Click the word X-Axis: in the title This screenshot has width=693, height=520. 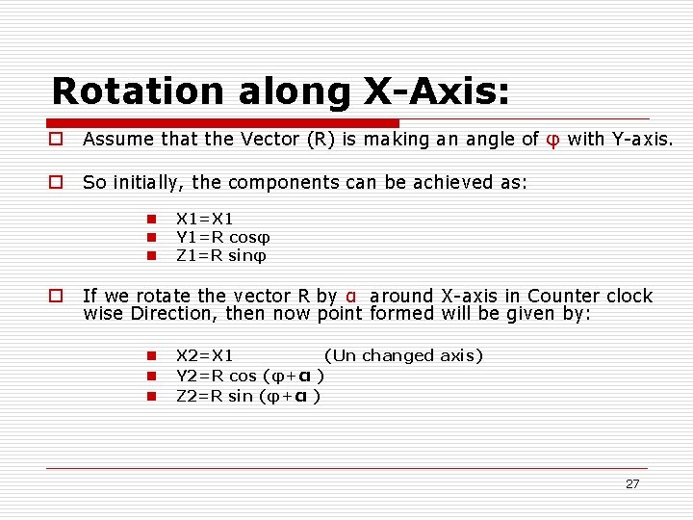pos(435,91)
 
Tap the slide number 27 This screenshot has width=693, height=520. pos(631,483)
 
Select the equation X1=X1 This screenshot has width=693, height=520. pos(205,219)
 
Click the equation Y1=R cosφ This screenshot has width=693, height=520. pos(223,237)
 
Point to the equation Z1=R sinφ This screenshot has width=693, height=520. pos(221,255)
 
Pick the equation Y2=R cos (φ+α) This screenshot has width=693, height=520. pos(249,376)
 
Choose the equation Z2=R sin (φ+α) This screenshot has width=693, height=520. pos(248,395)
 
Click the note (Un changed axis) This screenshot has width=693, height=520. pos(403,355)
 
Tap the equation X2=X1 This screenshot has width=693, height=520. pos(205,355)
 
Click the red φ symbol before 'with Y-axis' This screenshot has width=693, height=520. pos(552,140)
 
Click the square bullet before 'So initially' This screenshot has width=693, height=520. pos(58,182)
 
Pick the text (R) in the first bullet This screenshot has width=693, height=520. pos(320,140)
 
